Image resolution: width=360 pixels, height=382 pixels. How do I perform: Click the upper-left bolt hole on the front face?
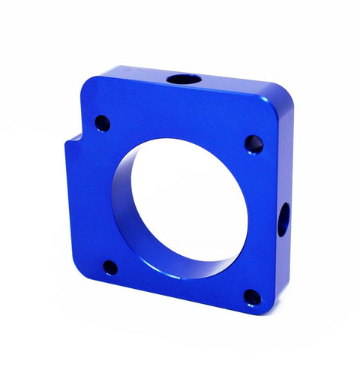coord(102,122)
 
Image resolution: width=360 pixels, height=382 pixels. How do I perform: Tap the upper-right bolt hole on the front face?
coord(253,143)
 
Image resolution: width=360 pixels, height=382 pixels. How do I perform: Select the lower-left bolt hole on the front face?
coord(109,266)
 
